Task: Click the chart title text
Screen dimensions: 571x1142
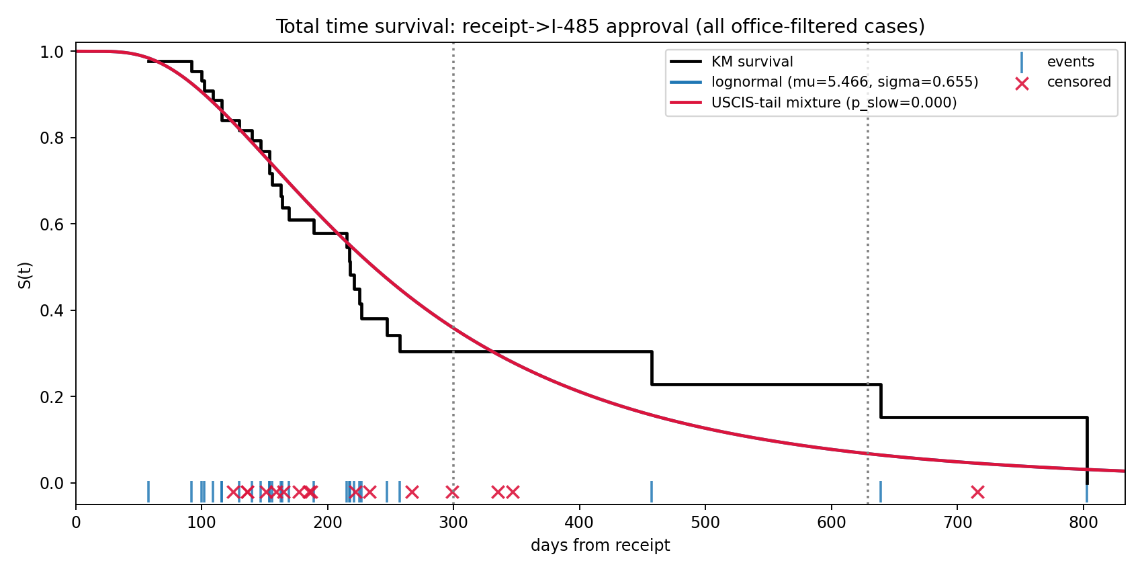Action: pos(600,27)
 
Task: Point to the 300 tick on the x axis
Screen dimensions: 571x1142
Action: pos(453,522)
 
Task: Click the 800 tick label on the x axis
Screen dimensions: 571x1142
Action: pos(1084,522)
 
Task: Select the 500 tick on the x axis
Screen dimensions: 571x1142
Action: pos(705,522)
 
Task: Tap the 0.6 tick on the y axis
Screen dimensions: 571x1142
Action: pos(54,224)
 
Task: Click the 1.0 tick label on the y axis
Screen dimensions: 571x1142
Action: pos(54,52)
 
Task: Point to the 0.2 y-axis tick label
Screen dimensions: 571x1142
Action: pos(54,397)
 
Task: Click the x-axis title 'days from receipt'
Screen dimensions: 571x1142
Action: pos(600,545)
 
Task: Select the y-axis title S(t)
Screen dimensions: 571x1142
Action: pos(25,275)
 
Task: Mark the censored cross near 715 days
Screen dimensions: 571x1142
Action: pos(977,492)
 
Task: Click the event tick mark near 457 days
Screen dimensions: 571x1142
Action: pos(652,492)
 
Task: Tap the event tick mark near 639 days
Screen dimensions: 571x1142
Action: pos(881,492)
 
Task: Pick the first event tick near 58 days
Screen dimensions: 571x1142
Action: pos(148,492)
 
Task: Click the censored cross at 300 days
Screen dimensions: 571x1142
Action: pos(453,492)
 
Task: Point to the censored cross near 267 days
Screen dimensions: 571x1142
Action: pos(412,492)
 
